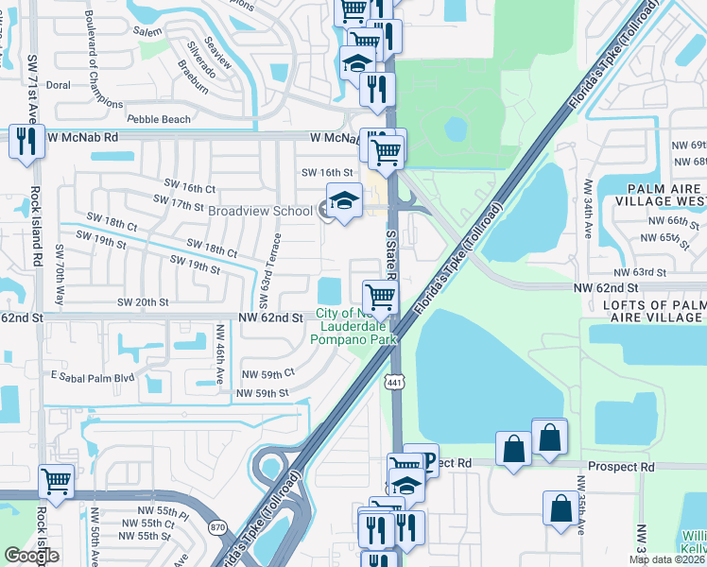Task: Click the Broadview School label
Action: tap(259, 211)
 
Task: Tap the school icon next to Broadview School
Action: tap(343, 201)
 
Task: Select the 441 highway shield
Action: tap(394, 379)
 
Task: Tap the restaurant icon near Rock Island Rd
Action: tap(26, 142)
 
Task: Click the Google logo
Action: tap(31, 556)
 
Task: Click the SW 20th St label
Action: tap(142, 302)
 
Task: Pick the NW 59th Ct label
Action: tap(268, 374)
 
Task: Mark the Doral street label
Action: tap(59, 84)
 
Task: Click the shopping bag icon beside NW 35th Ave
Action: tap(561, 507)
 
